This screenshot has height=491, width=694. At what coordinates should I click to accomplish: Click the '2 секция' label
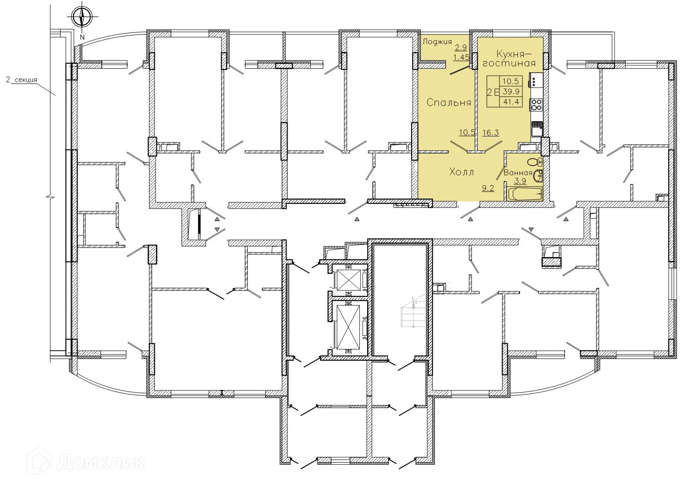pos(21,80)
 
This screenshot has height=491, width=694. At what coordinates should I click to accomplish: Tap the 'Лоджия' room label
pos(437,42)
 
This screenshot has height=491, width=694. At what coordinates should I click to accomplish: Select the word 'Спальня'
pos(449,103)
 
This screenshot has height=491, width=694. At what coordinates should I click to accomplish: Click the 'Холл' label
pos(462,172)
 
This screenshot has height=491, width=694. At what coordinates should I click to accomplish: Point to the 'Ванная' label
pos(518,173)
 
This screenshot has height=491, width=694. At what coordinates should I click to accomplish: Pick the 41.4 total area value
pos(510,102)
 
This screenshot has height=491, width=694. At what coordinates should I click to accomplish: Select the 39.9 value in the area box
pos(510,91)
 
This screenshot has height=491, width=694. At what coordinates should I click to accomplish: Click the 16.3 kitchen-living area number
pos(491,133)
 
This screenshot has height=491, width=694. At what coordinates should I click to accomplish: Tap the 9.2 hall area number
pos(488,188)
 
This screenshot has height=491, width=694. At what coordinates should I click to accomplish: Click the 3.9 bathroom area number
pos(520,181)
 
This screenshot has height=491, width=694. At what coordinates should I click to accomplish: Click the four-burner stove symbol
pos(536,104)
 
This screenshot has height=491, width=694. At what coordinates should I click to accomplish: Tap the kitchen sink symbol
pos(537,129)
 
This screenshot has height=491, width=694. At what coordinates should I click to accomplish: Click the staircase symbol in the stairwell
pos(411,311)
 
